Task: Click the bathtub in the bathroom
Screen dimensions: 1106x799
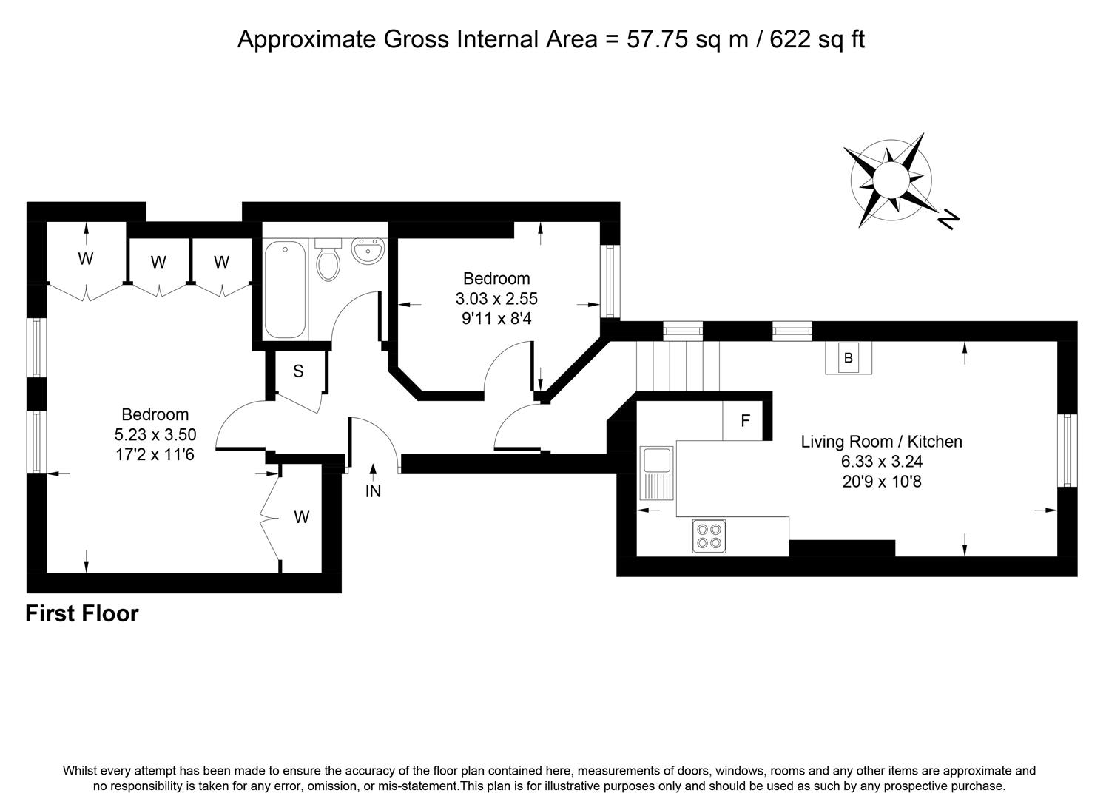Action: point(285,289)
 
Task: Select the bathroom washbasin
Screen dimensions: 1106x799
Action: point(368,250)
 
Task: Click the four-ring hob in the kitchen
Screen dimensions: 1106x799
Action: point(709,536)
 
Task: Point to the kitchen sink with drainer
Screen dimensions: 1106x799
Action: point(656,473)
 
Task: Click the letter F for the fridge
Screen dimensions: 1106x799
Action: point(745,421)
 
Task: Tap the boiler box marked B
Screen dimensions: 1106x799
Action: point(849,358)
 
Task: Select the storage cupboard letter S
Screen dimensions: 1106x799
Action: point(298,371)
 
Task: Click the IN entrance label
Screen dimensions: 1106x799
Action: point(374,491)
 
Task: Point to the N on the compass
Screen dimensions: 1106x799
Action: point(948,219)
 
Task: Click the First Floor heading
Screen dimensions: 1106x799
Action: point(82,614)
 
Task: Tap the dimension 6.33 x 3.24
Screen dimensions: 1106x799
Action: point(882,462)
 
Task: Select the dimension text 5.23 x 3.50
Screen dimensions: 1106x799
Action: point(155,434)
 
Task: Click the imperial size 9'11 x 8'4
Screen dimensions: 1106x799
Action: point(496,319)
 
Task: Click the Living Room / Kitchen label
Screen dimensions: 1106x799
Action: point(881,442)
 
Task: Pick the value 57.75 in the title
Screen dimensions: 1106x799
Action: point(657,39)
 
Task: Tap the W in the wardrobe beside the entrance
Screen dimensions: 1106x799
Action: point(302,517)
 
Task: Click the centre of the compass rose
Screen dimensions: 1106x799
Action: point(891,180)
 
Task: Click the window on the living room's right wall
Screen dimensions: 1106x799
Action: point(1067,450)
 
